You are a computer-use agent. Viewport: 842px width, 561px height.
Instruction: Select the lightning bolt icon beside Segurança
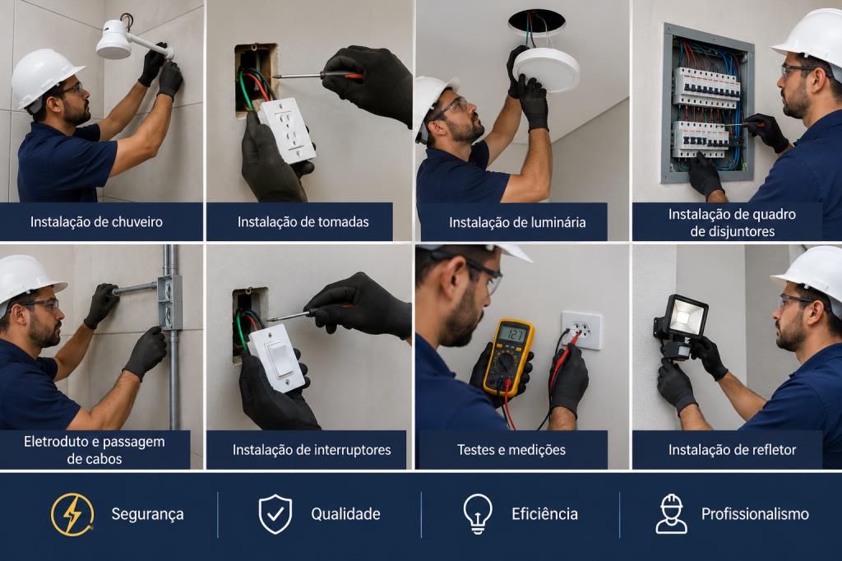[72, 515]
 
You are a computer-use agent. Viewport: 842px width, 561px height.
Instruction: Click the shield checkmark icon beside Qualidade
[275, 514]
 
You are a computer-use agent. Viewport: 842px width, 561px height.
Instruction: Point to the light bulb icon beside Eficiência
[478, 514]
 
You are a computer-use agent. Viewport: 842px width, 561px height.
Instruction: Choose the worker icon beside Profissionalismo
[671, 514]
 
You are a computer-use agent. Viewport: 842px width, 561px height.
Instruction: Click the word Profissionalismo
[755, 514]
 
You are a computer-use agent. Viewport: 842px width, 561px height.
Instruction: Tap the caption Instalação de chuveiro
[96, 222]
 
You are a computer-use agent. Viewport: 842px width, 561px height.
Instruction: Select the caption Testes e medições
[511, 450]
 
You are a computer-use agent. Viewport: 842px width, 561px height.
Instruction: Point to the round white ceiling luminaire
[546, 70]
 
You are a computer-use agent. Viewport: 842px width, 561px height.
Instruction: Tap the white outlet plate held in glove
[287, 130]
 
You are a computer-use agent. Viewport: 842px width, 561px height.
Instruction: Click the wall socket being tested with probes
[581, 330]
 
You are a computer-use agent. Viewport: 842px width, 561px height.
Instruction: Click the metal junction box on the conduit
[169, 302]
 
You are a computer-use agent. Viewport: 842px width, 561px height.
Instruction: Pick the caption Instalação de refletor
[732, 450]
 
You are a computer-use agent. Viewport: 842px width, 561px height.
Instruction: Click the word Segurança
[148, 514]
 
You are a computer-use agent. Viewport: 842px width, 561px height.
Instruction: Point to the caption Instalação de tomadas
[303, 222]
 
